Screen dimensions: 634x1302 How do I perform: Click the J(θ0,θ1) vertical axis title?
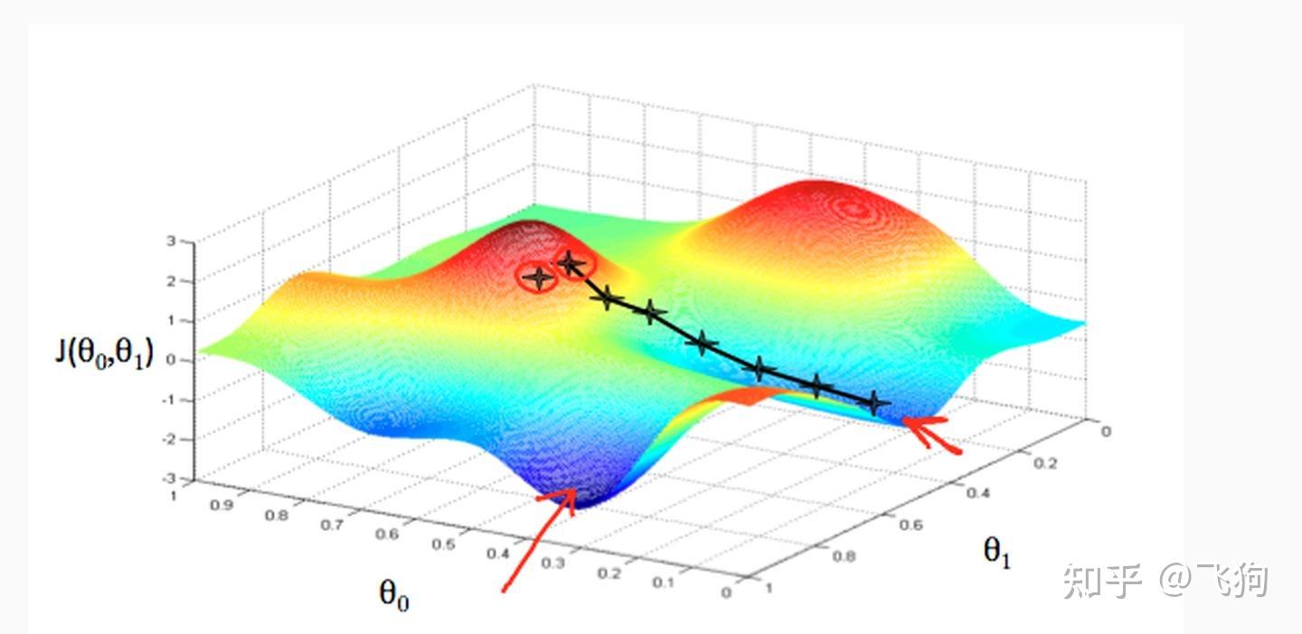[x=104, y=354]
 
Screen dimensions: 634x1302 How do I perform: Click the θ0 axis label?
[x=393, y=594]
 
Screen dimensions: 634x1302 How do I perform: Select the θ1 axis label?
[x=997, y=551]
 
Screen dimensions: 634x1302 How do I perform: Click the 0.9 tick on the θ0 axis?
[x=220, y=506]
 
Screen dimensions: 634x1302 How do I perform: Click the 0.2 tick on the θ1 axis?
[x=1043, y=462]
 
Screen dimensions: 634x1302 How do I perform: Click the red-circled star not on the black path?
[x=538, y=279]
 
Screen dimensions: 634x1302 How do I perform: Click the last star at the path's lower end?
[x=873, y=403]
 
